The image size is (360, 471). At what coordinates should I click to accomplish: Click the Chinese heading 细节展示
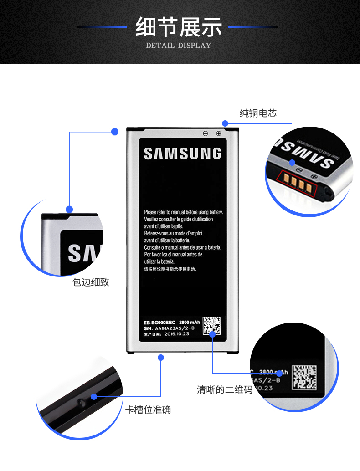tap(179, 27)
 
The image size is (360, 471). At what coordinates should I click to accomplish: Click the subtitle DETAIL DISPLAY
tap(179, 46)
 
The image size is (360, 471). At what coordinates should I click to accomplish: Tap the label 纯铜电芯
tap(258, 113)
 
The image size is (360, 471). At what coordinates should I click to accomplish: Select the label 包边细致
tap(91, 282)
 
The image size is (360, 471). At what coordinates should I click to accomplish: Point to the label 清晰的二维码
tap(225, 389)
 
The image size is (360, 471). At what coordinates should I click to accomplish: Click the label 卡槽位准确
tap(148, 410)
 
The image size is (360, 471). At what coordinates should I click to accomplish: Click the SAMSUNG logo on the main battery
tap(182, 154)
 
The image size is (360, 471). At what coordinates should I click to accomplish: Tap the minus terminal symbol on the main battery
tap(206, 133)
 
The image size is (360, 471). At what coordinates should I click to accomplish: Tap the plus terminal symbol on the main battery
tap(218, 133)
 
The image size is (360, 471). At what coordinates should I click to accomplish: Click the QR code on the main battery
tap(211, 326)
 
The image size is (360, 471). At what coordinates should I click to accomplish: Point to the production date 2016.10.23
tap(177, 334)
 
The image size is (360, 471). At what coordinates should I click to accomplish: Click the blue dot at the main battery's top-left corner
tap(115, 132)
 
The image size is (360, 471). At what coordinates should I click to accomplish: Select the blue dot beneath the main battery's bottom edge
tap(160, 358)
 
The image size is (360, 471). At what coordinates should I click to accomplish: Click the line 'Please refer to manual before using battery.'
tap(183, 212)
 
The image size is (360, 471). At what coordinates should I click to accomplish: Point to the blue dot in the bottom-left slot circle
tap(94, 397)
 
